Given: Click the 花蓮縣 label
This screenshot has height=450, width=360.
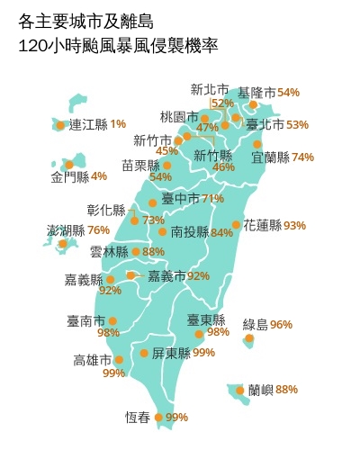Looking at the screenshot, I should pyautogui.click(x=262, y=225).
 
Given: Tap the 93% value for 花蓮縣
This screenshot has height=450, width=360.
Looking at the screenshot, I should pyautogui.click(x=294, y=225).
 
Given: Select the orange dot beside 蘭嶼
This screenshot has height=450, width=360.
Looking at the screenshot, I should pyautogui.click(x=239, y=391).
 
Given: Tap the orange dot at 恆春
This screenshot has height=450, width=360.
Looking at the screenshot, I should pyautogui.click(x=159, y=417).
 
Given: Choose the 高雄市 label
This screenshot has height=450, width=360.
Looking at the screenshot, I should pyautogui.click(x=93, y=360).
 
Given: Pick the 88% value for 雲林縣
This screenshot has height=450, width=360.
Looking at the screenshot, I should pyautogui.click(x=154, y=252).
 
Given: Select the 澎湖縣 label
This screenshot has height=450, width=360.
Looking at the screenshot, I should pyautogui.click(x=66, y=230).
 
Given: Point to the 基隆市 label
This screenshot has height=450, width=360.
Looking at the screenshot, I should pyautogui.click(x=256, y=93).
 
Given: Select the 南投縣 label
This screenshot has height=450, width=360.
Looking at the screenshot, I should pyautogui.click(x=189, y=232).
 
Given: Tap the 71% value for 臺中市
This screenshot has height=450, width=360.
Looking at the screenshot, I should pyautogui.click(x=213, y=198).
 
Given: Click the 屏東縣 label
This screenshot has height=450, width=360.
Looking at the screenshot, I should pyautogui.click(x=171, y=353).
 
